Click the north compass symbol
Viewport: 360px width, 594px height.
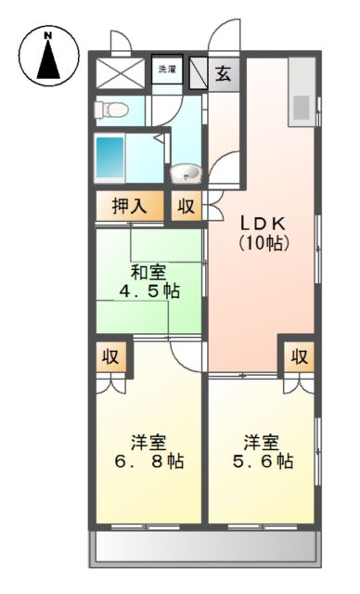(x=48, y=55)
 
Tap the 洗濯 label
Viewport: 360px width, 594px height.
(x=166, y=70)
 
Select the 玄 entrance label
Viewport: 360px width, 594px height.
(x=224, y=74)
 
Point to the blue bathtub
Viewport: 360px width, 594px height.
(x=109, y=159)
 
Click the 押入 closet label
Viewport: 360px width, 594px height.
(x=130, y=206)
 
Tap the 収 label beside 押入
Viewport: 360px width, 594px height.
(x=186, y=206)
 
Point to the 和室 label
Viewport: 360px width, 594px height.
(x=148, y=272)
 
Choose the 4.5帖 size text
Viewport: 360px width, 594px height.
(x=148, y=291)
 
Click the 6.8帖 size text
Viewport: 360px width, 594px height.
(x=148, y=460)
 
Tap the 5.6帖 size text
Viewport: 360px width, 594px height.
(x=263, y=460)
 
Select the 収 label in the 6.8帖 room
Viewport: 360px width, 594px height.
(x=111, y=356)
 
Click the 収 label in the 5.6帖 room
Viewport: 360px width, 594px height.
(x=298, y=356)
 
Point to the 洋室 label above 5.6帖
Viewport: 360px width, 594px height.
(x=263, y=440)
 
